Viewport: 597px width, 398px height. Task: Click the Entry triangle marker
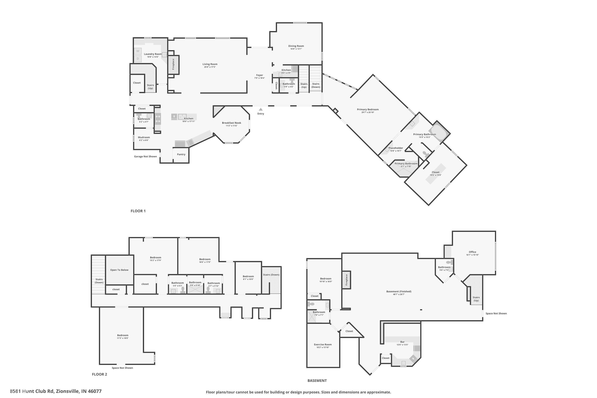pyautogui.click(x=260, y=109)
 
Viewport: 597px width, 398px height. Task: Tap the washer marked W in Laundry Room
pyautogui.click(x=138, y=51)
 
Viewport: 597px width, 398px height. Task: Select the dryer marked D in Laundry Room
pyautogui.click(x=138, y=59)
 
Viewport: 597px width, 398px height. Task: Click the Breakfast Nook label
pyautogui.click(x=231, y=123)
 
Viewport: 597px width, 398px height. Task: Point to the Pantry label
pyautogui.click(x=181, y=154)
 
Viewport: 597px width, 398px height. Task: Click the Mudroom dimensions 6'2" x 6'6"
pyautogui.click(x=144, y=140)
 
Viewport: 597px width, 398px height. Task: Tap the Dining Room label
pyautogui.click(x=296, y=46)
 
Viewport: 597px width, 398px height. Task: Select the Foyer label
pyautogui.click(x=259, y=75)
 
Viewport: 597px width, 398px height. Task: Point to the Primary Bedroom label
pyautogui.click(x=368, y=109)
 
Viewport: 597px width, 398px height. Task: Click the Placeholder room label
pyautogui.click(x=395, y=148)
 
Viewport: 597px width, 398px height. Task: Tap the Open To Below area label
pyautogui.click(x=119, y=270)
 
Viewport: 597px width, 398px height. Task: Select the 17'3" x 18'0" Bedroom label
pyautogui.click(x=123, y=335)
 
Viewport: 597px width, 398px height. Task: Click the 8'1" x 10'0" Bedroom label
pyautogui.click(x=248, y=276)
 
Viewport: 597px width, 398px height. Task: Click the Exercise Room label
pyautogui.click(x=323, y=344)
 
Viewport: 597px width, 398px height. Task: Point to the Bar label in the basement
pyautogui.click(x=402, y=342)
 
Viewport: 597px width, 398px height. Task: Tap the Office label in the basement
pyautogui.click(x=472, y=252)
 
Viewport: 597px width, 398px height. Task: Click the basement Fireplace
pyautogui.click(x=346, y=280)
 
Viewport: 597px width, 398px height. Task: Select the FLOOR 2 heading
pyautogui.click(x=99, y=374)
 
